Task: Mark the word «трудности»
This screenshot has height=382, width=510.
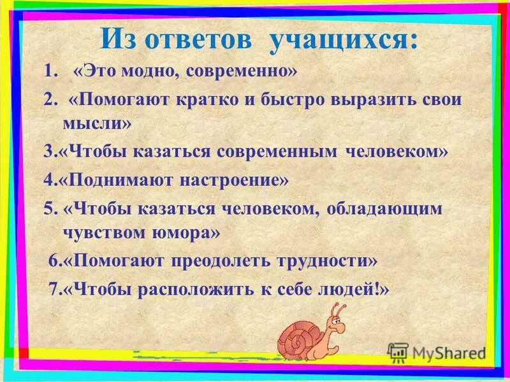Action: pos(328,261)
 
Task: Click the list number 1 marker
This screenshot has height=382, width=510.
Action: pos(48,71)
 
